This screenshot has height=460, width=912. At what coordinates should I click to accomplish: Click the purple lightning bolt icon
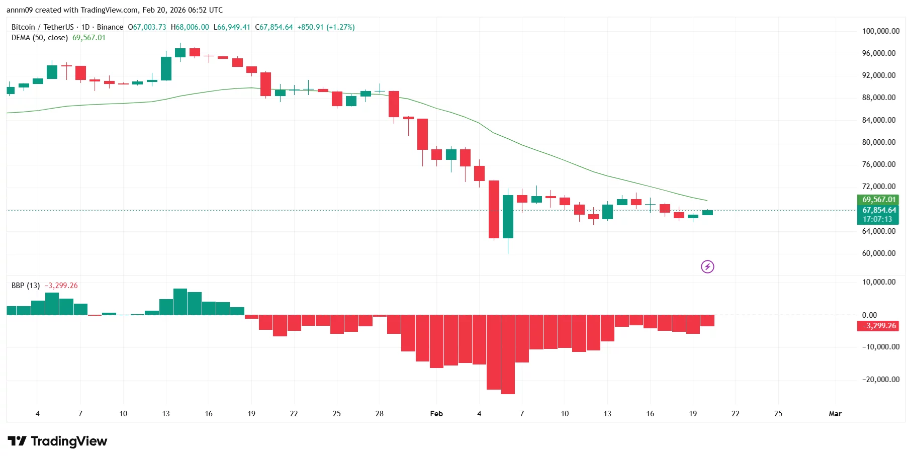tap(707, 266)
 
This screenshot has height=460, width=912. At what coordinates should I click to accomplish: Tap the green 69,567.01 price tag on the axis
tap(878, 200)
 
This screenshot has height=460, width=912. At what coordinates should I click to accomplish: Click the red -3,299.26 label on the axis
tap(878, 326)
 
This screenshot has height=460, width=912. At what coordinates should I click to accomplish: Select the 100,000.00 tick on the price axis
tap(880, 31)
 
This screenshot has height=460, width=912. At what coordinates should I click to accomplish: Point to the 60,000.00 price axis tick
tap(878, 253)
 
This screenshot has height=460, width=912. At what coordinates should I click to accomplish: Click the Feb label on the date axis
tap(436, 414)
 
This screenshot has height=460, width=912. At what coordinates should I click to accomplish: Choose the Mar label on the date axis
tap(835, 414)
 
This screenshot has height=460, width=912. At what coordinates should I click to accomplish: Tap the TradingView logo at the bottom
tap(57, 441)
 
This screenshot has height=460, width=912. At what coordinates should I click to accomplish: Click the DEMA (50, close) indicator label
tap(39, 38)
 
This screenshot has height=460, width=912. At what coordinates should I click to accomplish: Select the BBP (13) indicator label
tap(26, 286)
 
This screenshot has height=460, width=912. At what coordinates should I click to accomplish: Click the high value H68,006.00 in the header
tap(190, 27)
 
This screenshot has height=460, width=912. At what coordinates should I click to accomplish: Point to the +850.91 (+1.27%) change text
tap(326, 27)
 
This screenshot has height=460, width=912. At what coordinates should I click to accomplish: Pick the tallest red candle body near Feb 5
tap(494, 209)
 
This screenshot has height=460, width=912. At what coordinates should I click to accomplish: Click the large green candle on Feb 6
tap(508, 216)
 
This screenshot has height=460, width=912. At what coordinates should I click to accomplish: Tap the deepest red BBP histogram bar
tap(508, 354)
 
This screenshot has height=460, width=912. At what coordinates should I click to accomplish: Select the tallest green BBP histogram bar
tap(180, 302)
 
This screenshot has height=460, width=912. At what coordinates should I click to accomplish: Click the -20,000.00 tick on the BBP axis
tap(880, 380)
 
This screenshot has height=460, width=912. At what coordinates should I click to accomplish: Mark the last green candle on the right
tap(707, 213)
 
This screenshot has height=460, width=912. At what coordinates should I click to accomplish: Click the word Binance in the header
tap(110, 27)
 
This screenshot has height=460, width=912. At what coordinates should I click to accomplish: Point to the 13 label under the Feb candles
tap(607, 414)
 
